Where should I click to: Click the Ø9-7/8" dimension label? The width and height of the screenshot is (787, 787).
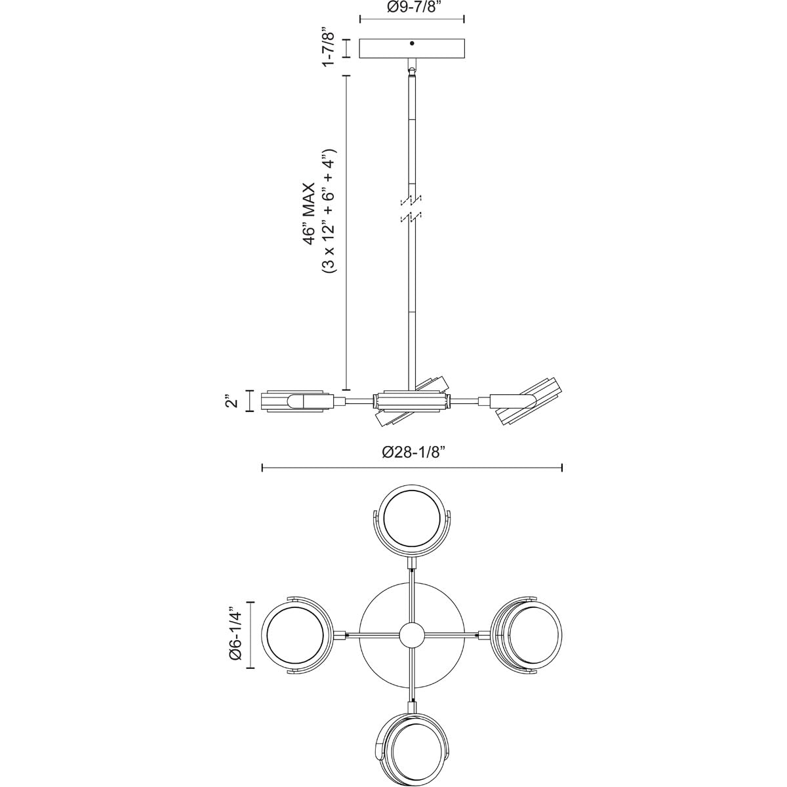point(412,7)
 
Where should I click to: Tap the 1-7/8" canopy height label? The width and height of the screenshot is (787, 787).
point(328,47)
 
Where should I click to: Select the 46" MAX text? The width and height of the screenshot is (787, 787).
point(309,214)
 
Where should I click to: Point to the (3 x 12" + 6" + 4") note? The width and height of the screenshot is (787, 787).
point(328,211)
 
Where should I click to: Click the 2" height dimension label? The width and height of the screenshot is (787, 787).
point(232,401)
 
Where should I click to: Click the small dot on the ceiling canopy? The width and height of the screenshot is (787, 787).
point(412,43)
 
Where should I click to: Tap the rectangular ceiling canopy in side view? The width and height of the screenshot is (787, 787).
point(412,49)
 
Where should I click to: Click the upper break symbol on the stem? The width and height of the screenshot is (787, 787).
point(412,201)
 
